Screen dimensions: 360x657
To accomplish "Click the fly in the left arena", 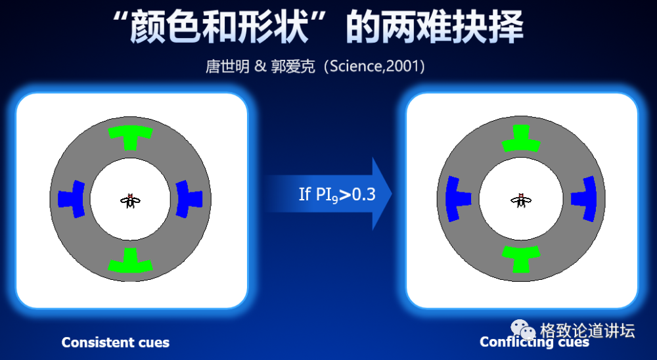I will (131, 200).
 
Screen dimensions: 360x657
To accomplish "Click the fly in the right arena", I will (522, 200).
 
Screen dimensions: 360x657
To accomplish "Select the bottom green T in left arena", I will (131, 261).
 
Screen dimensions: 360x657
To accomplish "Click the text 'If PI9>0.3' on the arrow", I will (337, 194).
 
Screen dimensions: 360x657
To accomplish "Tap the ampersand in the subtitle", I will (259, 67).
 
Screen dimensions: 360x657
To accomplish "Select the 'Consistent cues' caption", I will (116, 342).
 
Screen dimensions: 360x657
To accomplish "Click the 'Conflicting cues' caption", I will (534, 342).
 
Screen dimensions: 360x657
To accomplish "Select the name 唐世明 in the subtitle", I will (227, 67).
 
